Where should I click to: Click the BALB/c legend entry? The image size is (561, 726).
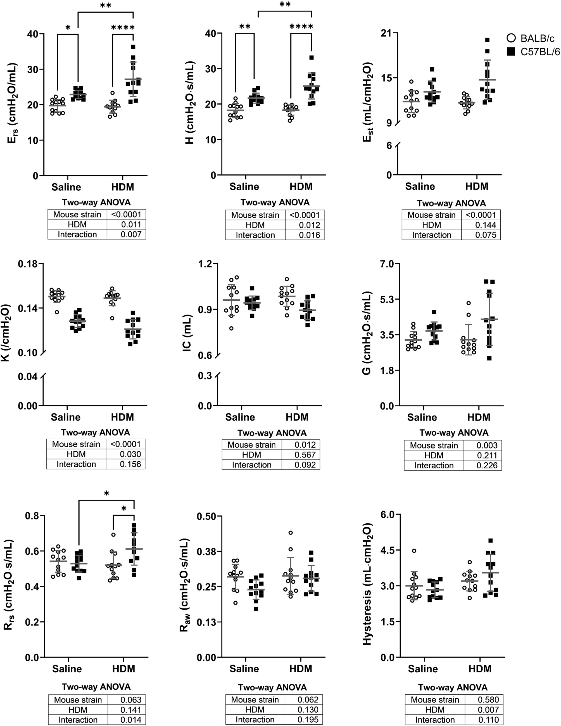[x=530, y=38]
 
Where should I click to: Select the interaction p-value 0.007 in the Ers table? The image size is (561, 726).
[x=131, y=234]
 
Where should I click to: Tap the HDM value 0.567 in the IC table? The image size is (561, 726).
[x=305, y=455]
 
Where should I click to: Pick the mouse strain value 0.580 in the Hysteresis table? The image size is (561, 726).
[x=488, y=699]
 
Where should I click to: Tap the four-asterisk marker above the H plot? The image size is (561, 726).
[x=301, y=26]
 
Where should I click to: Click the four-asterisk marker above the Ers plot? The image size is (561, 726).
[x=123, y=28]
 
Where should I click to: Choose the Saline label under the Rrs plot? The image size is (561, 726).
[x=67, y=668]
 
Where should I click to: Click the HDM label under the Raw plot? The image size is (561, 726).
[x=301, y=668]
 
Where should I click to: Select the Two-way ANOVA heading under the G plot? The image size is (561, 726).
[x=454, y=433]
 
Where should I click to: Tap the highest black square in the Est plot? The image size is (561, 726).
[x=487, y=40]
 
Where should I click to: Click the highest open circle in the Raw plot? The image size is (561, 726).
[x=291, y=533]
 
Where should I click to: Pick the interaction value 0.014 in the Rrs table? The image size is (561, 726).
[x=131, y=720]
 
